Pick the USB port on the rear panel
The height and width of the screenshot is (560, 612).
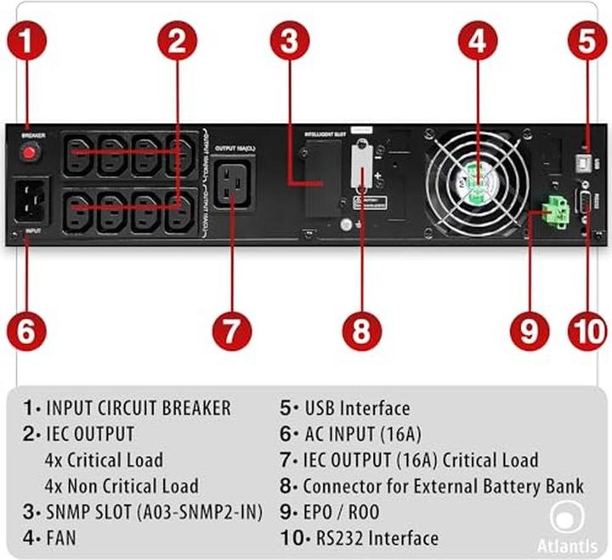click(583, 159)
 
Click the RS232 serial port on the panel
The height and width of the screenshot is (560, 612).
click(583, 204)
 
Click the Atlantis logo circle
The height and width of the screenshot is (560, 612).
click(564, 518)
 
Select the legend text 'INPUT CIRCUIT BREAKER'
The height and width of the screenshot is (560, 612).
click(138, 408)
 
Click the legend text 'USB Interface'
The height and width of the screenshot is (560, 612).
click(356, 408)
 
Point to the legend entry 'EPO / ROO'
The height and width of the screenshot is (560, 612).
click(341, 512)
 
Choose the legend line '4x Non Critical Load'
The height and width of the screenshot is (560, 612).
click(121, 486)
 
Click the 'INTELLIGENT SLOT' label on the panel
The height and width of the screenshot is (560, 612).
click(326, 134)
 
